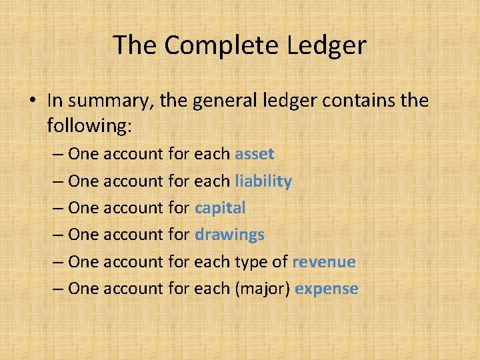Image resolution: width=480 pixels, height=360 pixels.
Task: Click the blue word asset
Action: [255, 154]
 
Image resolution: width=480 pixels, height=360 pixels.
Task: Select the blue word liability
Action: [263, 181]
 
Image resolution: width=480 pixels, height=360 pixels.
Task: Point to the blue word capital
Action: [220, 208]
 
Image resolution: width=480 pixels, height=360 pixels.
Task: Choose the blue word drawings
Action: [229, 235]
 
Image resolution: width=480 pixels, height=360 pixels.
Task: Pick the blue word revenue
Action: [324, 262]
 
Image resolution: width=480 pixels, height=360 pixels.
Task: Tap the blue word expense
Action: [327, 289]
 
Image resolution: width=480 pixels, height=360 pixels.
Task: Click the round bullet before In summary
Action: [33, 102]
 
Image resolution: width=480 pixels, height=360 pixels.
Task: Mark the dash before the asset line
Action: [57, 155]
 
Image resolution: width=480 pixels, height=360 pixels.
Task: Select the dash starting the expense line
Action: [57, 289]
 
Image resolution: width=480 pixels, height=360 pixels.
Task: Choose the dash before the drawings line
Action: [57, 235]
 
